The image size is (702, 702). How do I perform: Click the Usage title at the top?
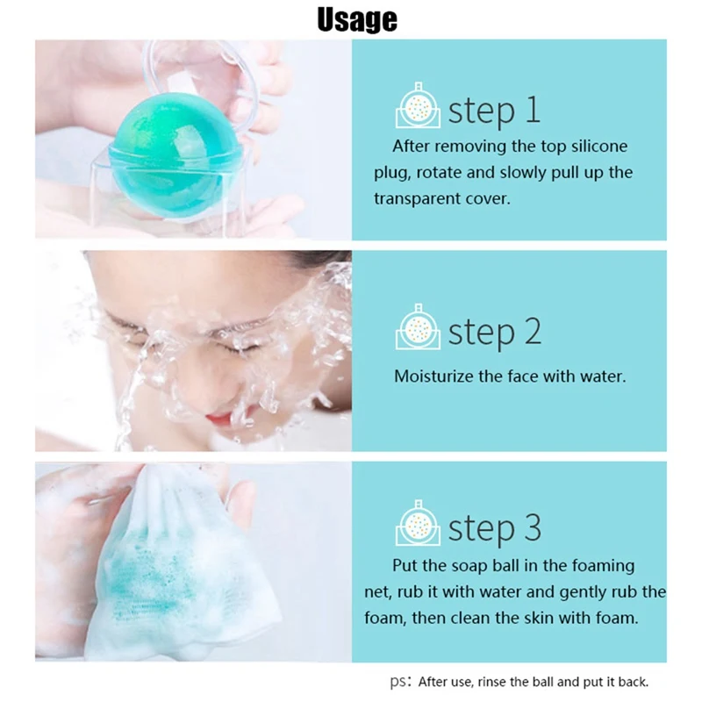357,19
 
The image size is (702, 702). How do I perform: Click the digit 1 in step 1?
533,111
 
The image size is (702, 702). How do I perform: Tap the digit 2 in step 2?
533,332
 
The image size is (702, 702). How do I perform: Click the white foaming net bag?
179,569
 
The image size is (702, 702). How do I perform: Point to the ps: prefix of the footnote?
401,683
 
